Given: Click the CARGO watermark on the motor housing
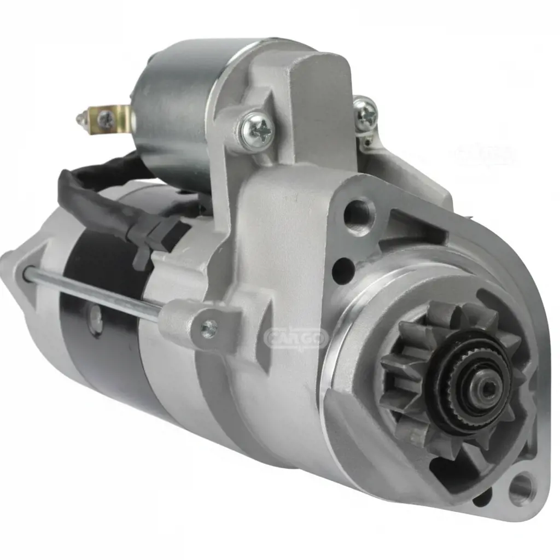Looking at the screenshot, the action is (x=296, y=338).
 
